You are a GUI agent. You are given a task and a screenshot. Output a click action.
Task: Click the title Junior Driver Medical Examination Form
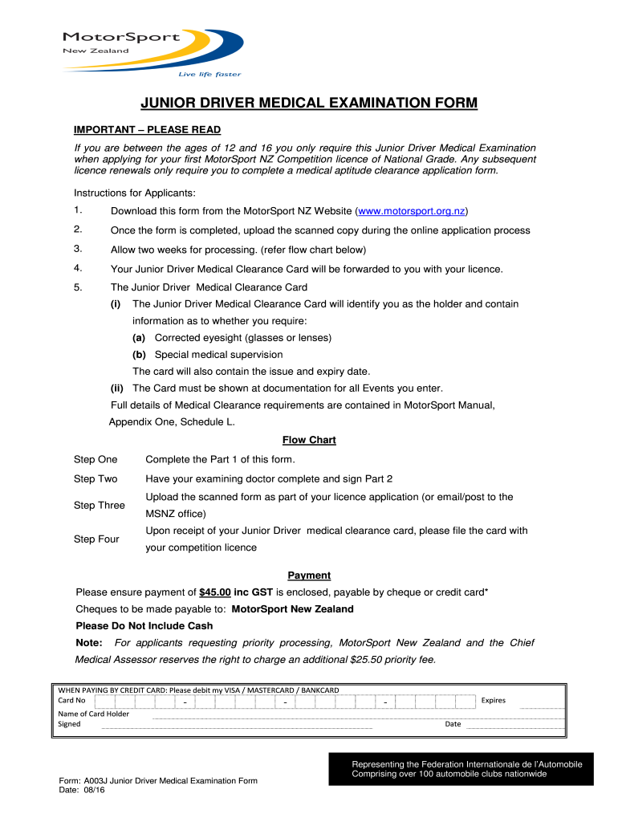coord(309,104)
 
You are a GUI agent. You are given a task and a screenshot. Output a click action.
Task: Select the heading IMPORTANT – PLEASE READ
coord(147,130)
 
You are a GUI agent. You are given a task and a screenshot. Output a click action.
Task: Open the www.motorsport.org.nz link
coord(411,211)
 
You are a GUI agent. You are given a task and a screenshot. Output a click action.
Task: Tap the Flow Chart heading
coord(309,440)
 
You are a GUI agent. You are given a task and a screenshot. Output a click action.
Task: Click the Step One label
coord(96,460)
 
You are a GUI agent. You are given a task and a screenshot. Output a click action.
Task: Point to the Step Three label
coord(100,506)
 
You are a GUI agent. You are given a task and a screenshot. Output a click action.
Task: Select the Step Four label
coord(96,539)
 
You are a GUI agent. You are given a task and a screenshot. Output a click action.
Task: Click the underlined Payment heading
coord(309,576)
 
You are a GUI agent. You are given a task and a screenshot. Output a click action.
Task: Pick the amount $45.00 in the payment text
coord(214,592)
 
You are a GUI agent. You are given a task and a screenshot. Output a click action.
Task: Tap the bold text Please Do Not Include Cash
coord(144,626)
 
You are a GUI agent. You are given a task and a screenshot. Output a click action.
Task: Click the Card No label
coord(72,700)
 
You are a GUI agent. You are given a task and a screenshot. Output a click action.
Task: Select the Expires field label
coord(493,701)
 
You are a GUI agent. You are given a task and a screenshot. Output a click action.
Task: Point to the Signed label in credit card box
coord(69,724)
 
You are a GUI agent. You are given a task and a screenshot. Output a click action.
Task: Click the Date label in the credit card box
coord(453,724)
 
